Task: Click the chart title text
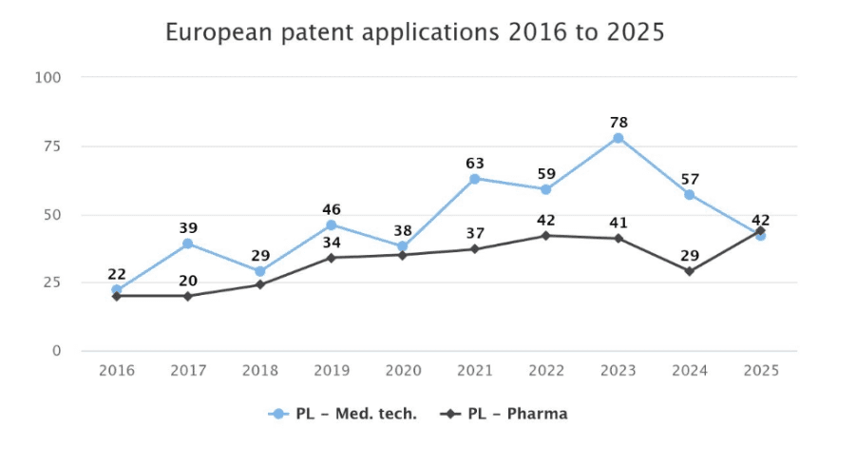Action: coord(415,32)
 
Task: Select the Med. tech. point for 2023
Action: coord(618,138)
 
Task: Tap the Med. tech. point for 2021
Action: coord(474,179)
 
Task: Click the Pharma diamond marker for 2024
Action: coord(690,271)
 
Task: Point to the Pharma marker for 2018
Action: coord(260,284)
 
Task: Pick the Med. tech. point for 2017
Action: coord(188,244)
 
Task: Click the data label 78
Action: coord(618,123)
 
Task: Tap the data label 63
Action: coord(475,164)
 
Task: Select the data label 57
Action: coord(690,180)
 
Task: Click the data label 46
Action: coord(332,209)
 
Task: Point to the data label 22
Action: coord(117,274)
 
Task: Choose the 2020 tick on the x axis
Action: coord(404,371)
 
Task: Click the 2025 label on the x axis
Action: coord(762,371)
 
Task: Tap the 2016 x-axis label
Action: coord(117,371)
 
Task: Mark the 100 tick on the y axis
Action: coord(48,78)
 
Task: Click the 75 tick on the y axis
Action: coord(52,146)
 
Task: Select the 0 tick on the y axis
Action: coord(57,351)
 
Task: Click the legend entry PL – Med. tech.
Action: coord(343,414)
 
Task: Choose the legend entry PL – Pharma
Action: coord(504,414)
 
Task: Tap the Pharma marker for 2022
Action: coord(546,236)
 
